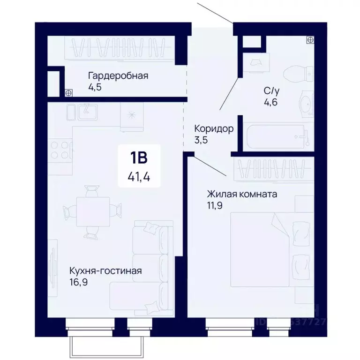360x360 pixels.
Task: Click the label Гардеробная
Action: click(x=118, y=76)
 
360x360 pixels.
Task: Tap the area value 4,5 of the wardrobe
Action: click(x=95, y=87)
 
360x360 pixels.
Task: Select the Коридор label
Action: click(x=214, y=129)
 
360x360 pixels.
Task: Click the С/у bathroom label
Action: click(x=271, y=91)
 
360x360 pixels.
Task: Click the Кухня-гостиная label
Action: click(x=105, y=271)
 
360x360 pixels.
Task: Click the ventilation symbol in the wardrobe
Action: click(x=68, y=92)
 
